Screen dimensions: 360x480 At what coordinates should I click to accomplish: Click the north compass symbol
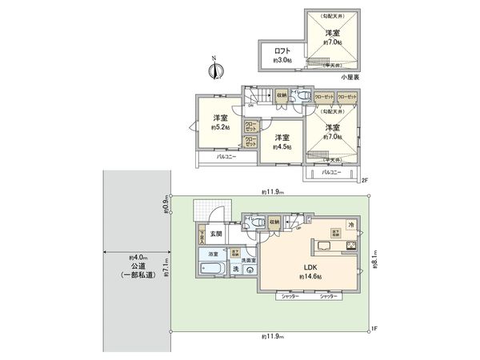coord(214,69)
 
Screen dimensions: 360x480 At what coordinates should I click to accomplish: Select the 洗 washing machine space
coord(235,270)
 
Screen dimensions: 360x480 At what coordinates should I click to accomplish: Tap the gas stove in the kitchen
coord(349,245)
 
